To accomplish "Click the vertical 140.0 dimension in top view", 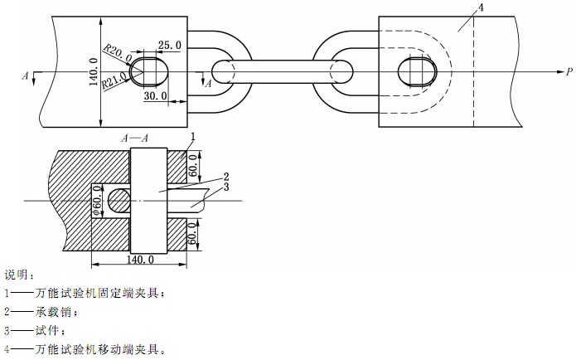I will pos(92,71).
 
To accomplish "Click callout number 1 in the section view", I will pos(192,136).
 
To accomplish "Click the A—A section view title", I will pos(135,138).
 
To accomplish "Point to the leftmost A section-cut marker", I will pos(26,75).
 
